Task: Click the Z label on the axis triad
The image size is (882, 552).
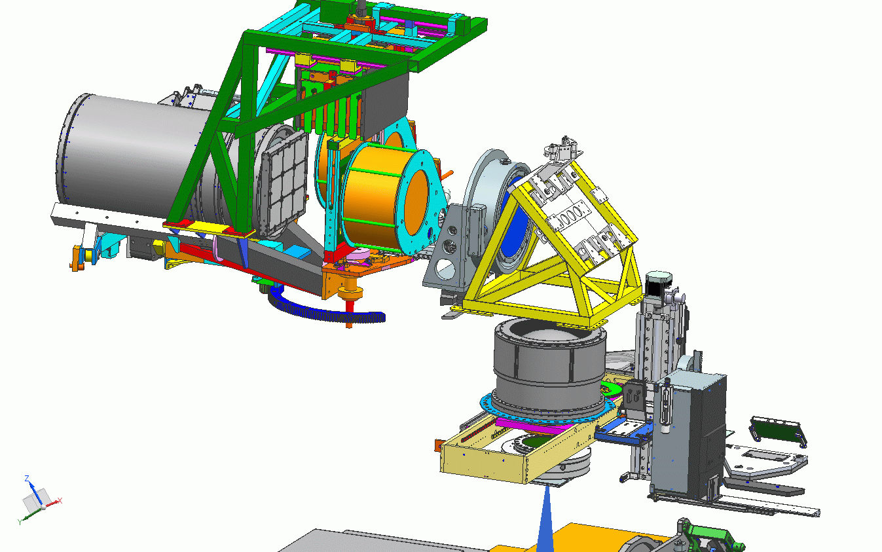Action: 27,479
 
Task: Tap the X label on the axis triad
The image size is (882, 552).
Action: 60,501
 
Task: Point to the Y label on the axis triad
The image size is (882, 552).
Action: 19,522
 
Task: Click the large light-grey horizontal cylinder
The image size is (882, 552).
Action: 130,158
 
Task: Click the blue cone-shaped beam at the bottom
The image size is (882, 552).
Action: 545,520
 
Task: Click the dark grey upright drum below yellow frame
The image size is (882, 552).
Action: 549,366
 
